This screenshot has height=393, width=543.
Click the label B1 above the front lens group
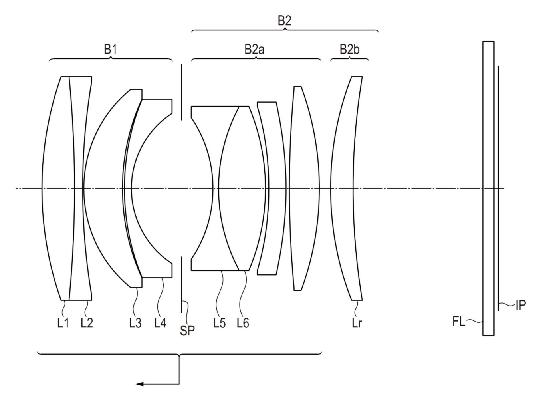(111, 50)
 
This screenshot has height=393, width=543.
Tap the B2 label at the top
(284, 21)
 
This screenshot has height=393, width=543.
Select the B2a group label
(254, 50)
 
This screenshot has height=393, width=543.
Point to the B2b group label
(350, 50)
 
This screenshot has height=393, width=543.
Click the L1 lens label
(63, 323)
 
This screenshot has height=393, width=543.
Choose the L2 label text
(87, 323)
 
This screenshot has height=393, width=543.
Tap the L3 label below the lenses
(135, 323)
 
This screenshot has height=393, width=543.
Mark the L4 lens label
(160, 323)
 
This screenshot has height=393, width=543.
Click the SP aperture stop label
(187, 330)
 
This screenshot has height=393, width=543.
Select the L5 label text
(219, 323)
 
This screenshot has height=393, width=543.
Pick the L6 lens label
(243, 323)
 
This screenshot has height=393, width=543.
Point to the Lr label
(357, 323)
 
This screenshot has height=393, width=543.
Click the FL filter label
(459, 322)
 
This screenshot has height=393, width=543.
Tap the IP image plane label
(521, 305)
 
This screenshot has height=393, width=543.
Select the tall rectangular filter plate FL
(488, 189)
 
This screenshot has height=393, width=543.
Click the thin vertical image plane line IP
(498, 188)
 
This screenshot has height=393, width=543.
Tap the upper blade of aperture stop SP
(182, 92)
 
